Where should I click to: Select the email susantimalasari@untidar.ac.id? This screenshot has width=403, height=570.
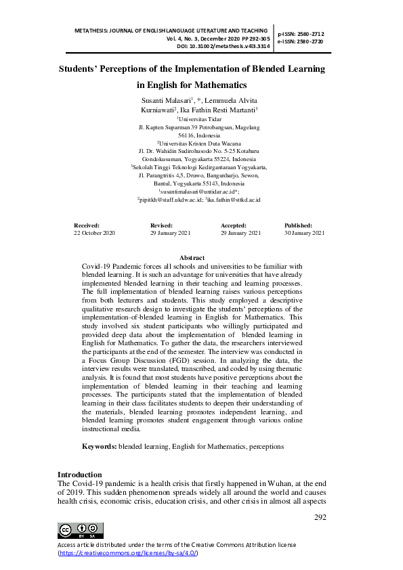coord(196,192)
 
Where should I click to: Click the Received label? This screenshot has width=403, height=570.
coord(87,225)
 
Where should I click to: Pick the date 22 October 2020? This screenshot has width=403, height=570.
coord(94,233)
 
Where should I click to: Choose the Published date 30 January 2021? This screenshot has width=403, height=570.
coord(305,233)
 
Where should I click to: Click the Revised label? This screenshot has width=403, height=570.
coord(162,225)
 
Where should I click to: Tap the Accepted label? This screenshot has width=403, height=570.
coord(234,225)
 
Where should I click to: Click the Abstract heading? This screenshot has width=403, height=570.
coord(192,258)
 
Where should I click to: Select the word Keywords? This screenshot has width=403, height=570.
coord(99,447)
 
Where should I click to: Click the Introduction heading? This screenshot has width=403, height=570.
coord(80,475)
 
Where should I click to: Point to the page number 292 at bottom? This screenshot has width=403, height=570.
coord(320,517)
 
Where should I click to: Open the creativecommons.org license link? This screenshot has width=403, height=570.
coord(128,553)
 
